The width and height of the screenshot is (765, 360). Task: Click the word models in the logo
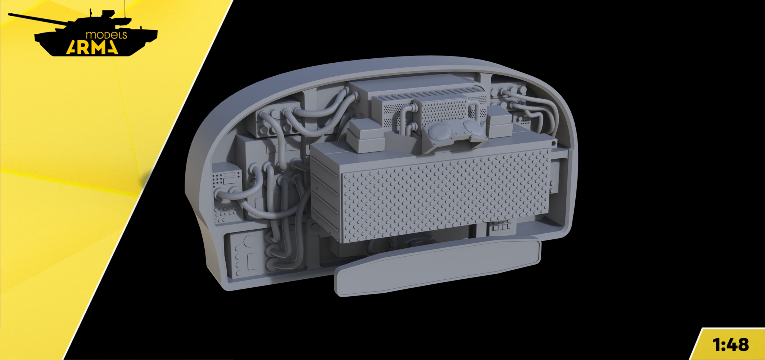[106, 35]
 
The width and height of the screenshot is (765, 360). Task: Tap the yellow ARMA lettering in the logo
[92, 47]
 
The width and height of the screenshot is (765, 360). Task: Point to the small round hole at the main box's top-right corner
[553, 144]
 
